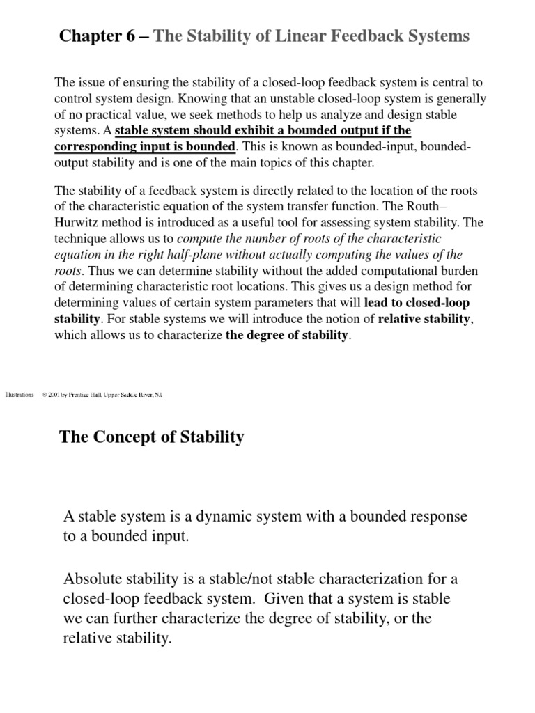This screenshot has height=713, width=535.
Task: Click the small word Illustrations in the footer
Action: click(x=19, y=395)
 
